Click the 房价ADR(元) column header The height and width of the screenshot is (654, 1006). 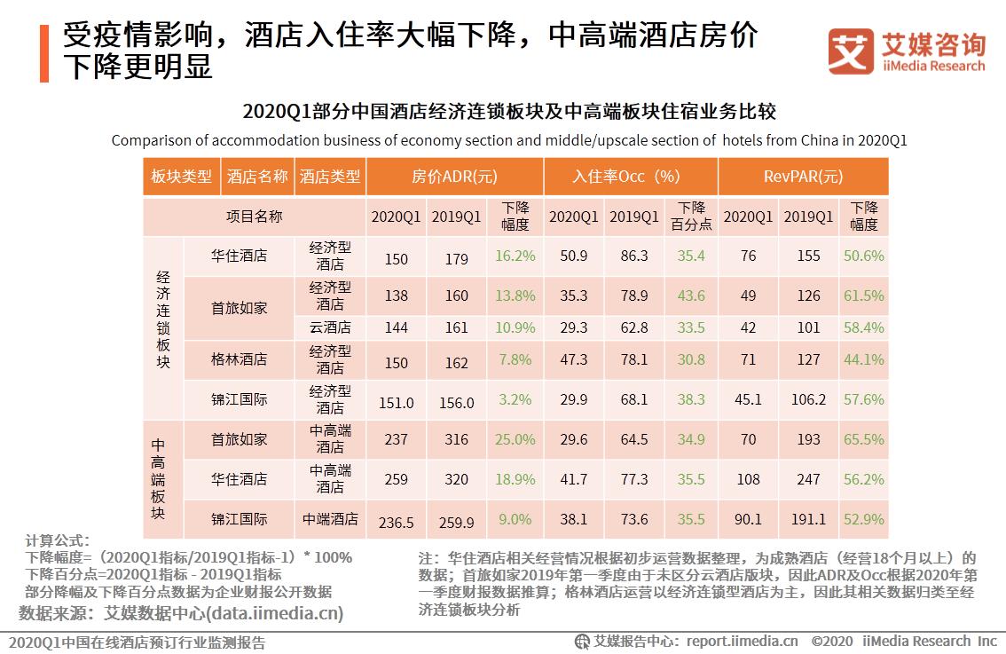pyautogui.click(x=454, y=177)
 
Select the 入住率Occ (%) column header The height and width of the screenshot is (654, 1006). pyautogui.click(x=630, y=177)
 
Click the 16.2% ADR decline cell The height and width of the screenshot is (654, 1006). pyautogui.click(x=515, y=256)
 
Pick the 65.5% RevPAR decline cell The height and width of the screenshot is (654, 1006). pyautogui.click(x=865, y=439)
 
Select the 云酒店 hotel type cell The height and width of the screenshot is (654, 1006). pyautogui.click(x=330, y=327)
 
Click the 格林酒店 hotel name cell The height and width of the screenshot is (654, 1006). pyautogui.click(x=239, y=359)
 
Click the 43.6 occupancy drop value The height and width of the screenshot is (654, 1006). pyautogui.click(x=691, y=296)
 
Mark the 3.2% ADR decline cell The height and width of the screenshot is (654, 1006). pyautogui.click(x=515, y=400)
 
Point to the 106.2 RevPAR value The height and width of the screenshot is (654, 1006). pyautogui.click(x=808, y=400)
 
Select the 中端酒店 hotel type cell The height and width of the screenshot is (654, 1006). pyautogui.click(x=330, y=519)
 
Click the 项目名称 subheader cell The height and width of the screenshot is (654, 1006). pyautogui.click(x=254, y=217)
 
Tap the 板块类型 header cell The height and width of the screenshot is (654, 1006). pyautogui.click(x=181, y=177)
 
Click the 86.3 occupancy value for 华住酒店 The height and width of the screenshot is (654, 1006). pyautogui.click(x=633, y=256)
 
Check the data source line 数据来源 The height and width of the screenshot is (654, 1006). pyautogui.click(x=181, y=613)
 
